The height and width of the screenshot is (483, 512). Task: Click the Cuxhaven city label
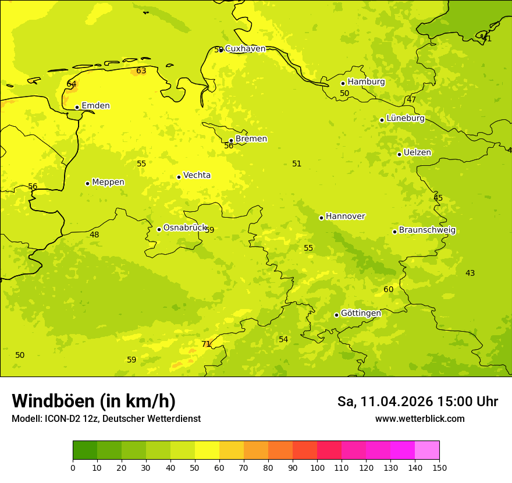coord(245,49)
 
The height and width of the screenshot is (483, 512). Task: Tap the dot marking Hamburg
coord(343,83)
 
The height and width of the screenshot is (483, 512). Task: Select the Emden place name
coord(95,106)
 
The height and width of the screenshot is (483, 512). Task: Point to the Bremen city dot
coord(231,140)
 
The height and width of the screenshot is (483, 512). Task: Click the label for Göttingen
coord(361,313)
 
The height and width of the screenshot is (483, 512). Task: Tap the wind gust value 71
coord(206,344)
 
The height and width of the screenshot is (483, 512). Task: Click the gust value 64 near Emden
coord(72,84)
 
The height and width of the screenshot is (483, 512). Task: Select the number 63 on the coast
coord(141,71)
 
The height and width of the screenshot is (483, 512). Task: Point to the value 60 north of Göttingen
coord(389,290)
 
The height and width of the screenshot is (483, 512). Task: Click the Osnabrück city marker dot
coord(159,229)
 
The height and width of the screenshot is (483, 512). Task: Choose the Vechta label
coord(197,175)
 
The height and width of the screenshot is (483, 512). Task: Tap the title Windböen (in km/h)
coord(94,401)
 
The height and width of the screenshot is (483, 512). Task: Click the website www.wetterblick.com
coord(419,419)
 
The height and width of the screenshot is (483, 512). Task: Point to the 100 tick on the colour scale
coord(317,467)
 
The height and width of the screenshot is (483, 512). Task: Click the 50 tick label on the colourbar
coord(195,467)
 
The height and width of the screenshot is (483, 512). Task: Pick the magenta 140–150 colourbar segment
coord(427,450)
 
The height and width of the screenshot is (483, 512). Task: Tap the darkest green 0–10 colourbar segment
coord(85,450)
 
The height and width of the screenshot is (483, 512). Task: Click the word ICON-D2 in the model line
coord(62,419)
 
